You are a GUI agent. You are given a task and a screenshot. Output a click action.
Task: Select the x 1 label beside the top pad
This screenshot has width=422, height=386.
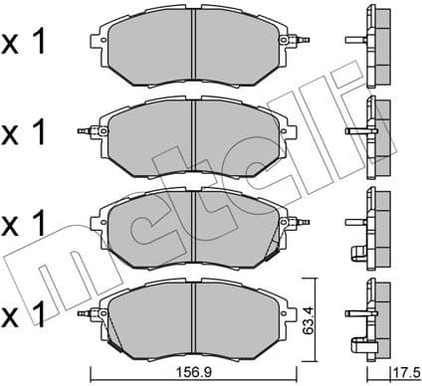pos(28,42)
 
